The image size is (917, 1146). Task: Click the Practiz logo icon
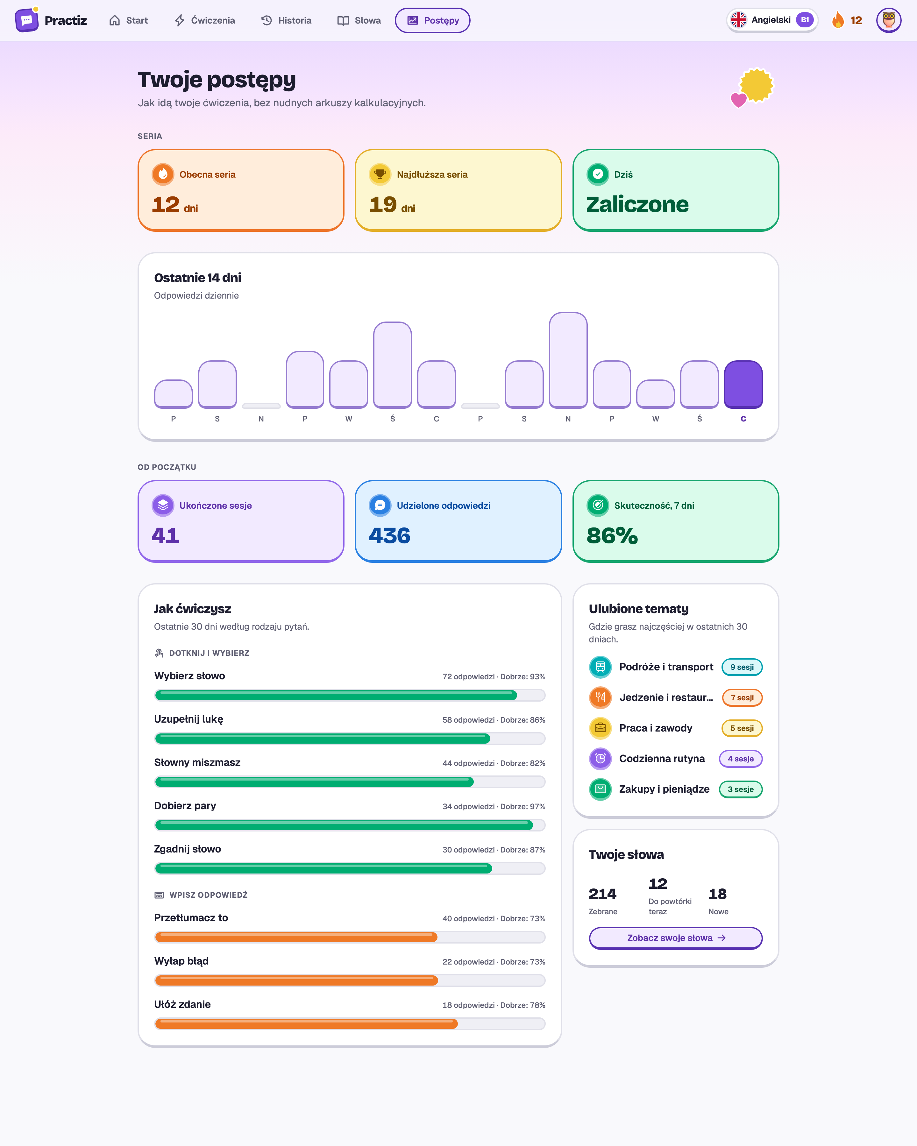coord(26,20)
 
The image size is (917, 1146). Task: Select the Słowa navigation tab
coord(359,20)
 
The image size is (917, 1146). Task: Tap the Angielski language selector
coord(772,20)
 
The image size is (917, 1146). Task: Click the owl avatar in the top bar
coord(888,20)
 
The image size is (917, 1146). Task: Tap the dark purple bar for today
coord(743,384)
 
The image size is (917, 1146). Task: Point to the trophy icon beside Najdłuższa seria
coord(380,174)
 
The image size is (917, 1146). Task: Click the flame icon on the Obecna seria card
coord(163,174)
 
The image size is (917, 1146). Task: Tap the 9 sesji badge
coord(742,667)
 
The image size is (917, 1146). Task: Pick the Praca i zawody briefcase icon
coord(600,728)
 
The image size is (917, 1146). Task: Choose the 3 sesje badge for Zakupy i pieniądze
coord(741,789)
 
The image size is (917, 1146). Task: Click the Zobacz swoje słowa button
coord(676,938)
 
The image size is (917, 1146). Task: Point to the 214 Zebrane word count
coord(603,894)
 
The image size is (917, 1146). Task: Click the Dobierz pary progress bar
coord(350,825)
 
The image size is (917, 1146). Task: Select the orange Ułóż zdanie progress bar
coord(350,1024)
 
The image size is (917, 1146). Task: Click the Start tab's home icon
coord(114,20)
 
